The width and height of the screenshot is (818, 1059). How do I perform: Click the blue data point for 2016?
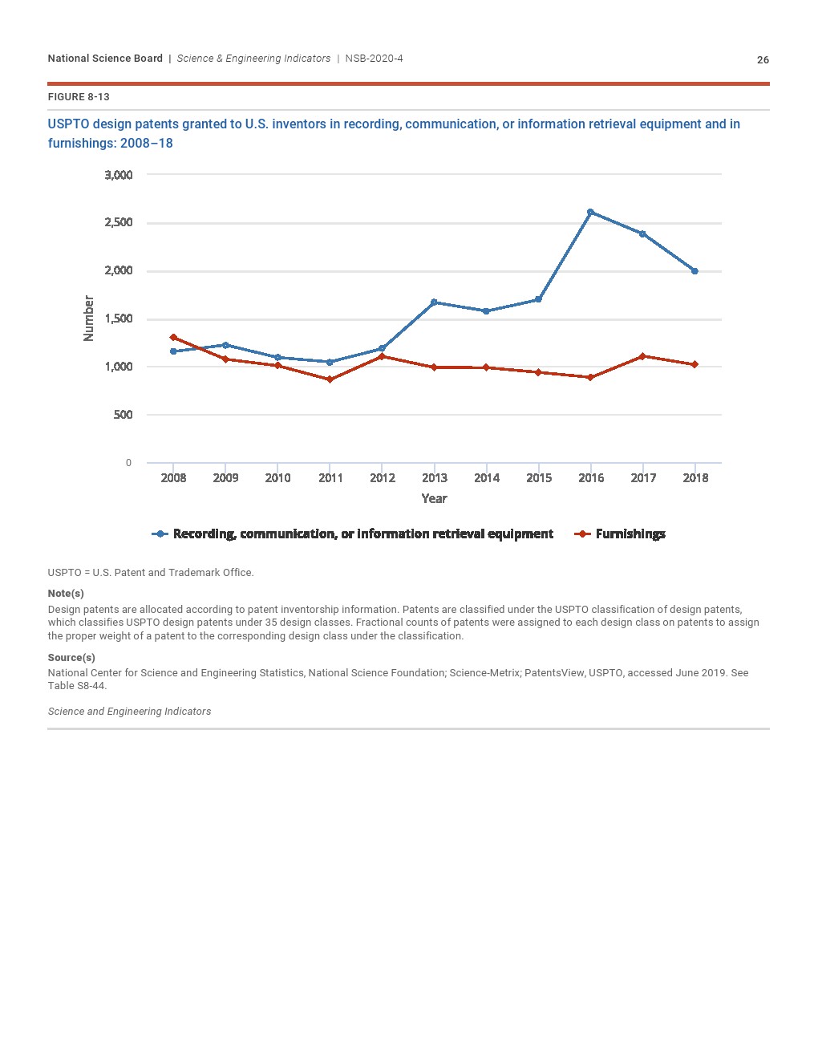590,212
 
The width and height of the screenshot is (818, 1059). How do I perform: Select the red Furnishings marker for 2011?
330,379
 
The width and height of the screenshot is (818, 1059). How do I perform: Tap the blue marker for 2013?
434,302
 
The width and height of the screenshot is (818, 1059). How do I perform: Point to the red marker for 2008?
173,338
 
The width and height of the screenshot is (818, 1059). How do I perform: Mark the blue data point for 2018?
694,271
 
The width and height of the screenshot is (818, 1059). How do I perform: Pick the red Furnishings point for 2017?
642,356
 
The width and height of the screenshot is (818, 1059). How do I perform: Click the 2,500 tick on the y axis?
119,222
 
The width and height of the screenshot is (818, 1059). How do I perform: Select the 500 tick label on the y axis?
123,415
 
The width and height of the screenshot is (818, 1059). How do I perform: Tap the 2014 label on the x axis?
487,478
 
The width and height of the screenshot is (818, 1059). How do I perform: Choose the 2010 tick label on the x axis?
277,478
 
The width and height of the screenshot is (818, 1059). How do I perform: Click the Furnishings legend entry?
630,534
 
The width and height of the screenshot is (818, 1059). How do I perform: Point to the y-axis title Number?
89,319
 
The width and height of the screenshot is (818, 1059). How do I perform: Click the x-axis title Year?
434,499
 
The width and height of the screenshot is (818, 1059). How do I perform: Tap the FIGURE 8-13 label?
79,97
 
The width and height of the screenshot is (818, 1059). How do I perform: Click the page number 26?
763,60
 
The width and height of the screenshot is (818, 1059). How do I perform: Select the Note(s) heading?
66,594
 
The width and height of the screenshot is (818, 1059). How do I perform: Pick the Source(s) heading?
71,658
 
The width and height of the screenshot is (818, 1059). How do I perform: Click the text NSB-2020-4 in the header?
374,59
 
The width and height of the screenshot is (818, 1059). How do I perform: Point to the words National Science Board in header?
105,59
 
